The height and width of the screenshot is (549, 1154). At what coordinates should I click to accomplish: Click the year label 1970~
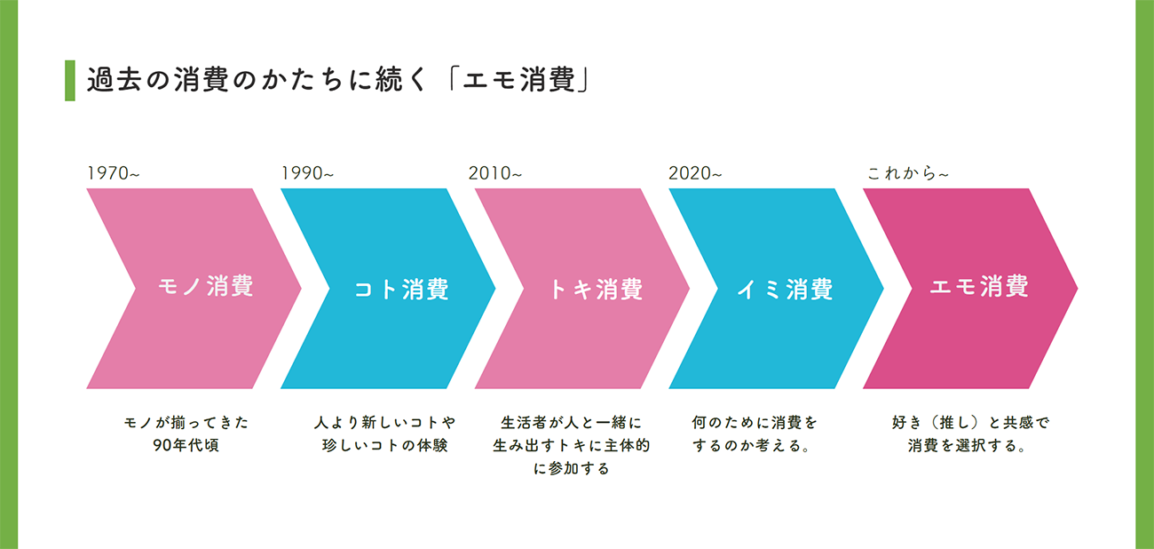coord(113,173)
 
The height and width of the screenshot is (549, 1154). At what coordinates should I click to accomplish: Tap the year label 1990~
coord(307,173)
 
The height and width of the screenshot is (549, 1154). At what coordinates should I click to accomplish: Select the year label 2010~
coord(495,173)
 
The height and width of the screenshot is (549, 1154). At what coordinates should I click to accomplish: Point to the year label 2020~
coord(695,173)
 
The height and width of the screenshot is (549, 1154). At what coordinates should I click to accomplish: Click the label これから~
coord(907,173)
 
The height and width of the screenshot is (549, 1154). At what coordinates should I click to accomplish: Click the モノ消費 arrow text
coord(205,287)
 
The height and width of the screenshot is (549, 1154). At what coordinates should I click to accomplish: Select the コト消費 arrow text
coord(401,290)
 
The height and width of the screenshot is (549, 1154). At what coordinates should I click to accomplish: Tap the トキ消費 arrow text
coord(596,290)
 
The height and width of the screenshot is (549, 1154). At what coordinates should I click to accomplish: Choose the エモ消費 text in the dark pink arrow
coord(979,287)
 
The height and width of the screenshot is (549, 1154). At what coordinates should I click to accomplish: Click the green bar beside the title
coord(70,81)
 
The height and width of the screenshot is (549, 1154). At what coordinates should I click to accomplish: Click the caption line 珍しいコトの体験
coord(384,445)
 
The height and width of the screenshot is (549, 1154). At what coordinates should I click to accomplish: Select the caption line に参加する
coord(572,468)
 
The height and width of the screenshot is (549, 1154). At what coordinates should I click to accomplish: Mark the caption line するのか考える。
coord(755,445)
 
